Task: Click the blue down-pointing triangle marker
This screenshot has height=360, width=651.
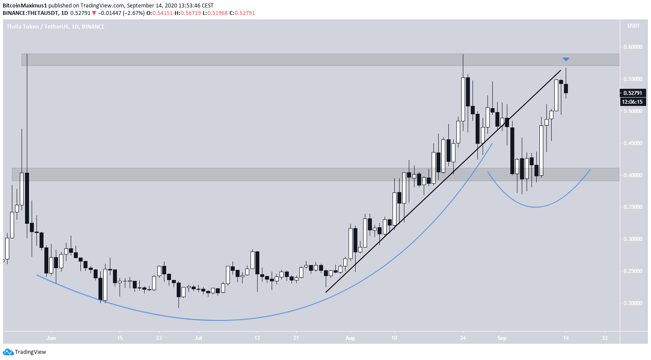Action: pos(566,59)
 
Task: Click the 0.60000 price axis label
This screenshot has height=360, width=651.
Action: pos(633,47)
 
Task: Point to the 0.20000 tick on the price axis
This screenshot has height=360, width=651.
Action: pos(633,303)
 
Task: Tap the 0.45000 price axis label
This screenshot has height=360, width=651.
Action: pos(633,143)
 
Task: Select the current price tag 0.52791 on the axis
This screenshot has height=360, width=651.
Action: pos(633,93)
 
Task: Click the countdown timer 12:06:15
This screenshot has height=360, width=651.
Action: pos(633,102)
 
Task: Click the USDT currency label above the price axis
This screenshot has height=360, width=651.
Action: pos(633,26)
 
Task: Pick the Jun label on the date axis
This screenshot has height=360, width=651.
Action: pos(51,338)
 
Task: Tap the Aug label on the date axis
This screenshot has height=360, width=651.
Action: pos(350,338)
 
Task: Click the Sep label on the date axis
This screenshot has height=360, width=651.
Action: pos(502,338)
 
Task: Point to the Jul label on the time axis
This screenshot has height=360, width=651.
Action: pos(198,338)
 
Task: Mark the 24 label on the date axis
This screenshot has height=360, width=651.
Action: pos(462,338)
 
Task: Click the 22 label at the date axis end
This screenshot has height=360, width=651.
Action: pos(605,338)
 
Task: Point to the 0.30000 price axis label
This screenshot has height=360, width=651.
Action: pos(633,239)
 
